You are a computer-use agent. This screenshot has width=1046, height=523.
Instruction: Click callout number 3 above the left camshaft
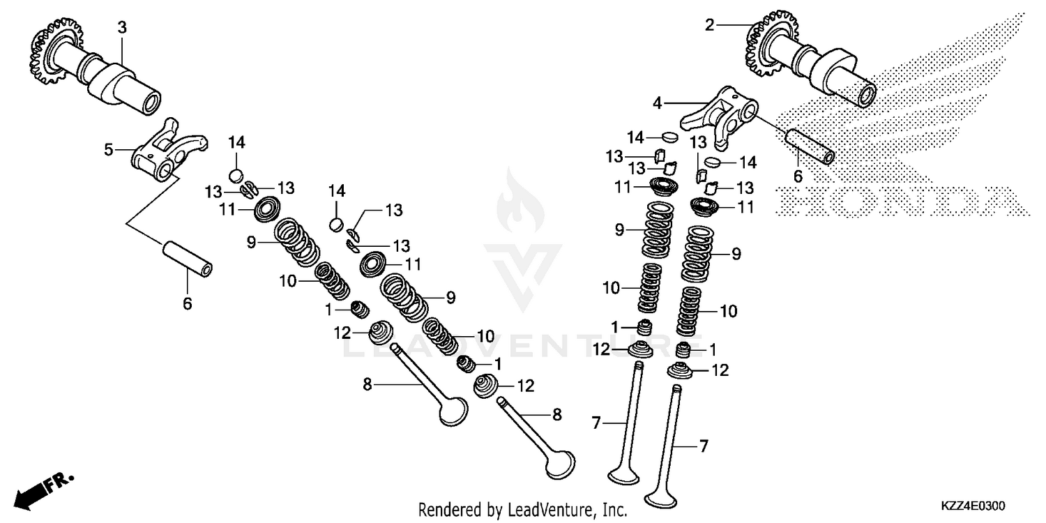[x=122, y=28]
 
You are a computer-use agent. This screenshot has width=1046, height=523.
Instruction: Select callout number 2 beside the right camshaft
[x=710, y=26]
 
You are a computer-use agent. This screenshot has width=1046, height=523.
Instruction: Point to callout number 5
[x=109, y=149]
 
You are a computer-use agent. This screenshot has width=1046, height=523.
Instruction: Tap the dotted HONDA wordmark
[x=899, y=199]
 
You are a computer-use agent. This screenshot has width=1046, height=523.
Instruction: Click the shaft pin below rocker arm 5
[x=188, y=259]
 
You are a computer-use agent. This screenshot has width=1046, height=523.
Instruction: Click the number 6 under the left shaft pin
[x=187, y=303]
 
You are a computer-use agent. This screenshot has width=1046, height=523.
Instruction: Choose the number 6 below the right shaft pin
[x=797, y=176]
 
